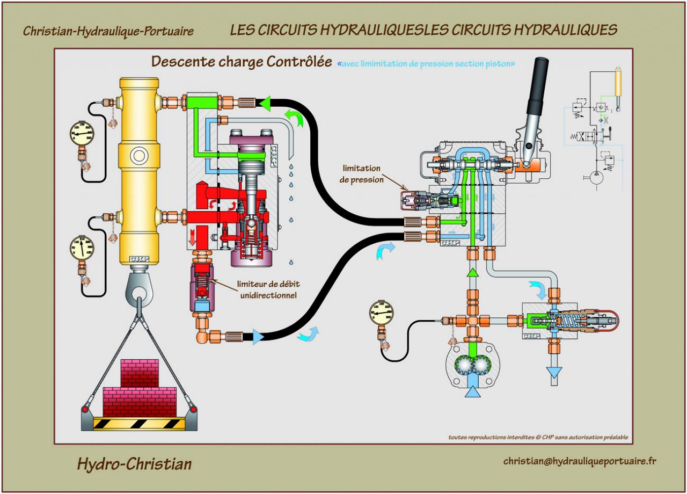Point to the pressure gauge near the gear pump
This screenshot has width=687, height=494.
click(x=381, y=313)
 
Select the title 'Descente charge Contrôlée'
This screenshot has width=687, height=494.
click(x=241, y=62)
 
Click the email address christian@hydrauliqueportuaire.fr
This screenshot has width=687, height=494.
click(x=580, y=461)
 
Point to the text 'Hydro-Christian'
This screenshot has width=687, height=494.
click(x=134, y=463)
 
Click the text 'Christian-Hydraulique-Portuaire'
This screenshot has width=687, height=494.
click(x=108, y=31)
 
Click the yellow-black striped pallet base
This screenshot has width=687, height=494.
click(x=139, y=423)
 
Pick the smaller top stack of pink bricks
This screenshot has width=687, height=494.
click(x=140, y=373)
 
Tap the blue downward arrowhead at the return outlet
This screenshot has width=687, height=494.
click(x=553, y=372)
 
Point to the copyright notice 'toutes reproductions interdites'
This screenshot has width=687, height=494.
click(x=538, y=437)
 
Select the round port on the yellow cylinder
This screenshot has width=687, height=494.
click(x=139, y=156)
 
